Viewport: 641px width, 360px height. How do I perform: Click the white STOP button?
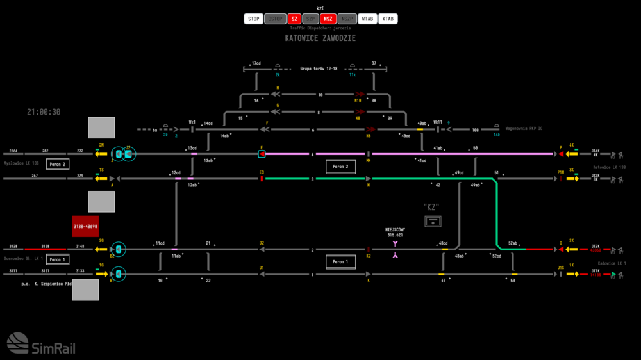pyautogui.click(x=254, y=19)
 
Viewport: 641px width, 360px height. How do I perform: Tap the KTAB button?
pyautogui.click(x=388, y=19)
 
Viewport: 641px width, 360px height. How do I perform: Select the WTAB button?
pyautogui.click(x=368, y=19)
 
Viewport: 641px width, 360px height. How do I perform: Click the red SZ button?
pyautogui.click(x=294, y=19)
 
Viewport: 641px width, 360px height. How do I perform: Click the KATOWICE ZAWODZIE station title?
pyautogui.click(x=320, y=38)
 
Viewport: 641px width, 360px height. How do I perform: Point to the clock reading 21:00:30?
pyautogui.click(x=44, y=112)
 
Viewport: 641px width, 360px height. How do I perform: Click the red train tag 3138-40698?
pyautogui.click(x=85, y=227)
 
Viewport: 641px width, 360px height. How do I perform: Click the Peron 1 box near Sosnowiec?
pyautogui.click(x=58, y=259)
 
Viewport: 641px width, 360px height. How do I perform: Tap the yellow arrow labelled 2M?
pyautogui.click(x=101, y=154)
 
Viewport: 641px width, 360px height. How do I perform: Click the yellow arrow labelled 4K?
pyautogui.click(x=572, y=154)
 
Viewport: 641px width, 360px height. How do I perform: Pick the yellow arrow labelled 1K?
pyautogui.click(x=572, y=274)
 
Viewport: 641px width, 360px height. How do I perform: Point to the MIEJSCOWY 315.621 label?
pyautogui.click(x=395, y=233)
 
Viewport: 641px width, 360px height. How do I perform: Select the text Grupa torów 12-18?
pyautogui.click(x=319, y=69)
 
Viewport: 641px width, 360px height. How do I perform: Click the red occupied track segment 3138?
pyautogui.click(x=46, y=249)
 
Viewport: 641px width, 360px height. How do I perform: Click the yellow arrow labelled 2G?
pyautogui.click(x=101, y=249)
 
